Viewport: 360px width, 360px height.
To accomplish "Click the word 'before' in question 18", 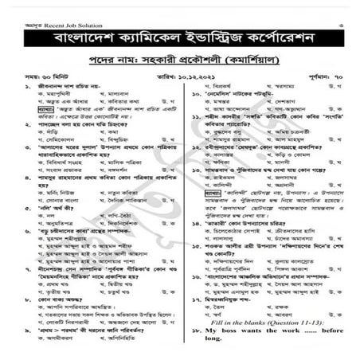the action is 329,328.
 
